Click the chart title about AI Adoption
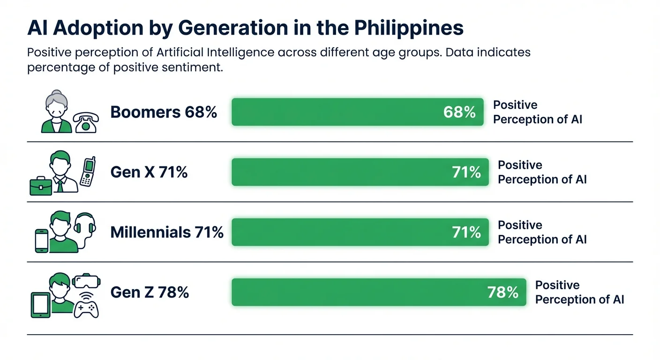click(245, 28)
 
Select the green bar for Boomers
click(337, 112)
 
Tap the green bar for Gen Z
click(356, 292)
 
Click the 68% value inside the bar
click(459, 112)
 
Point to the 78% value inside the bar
click(502, 292)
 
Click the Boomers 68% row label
click(164, 112)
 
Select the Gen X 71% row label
click(149, 172)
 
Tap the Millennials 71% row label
click(167, 232)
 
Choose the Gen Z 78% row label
click(150, 292)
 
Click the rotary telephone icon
click(86, 122)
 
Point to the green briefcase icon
click(41, 186)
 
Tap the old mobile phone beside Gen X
click(87, 172)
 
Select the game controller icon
click(87, 308)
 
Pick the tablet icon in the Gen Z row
click(40, 305)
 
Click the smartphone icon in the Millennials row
click(42, 240)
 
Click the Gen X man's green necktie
click(60, 185)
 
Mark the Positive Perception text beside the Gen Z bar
click(579, 292)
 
